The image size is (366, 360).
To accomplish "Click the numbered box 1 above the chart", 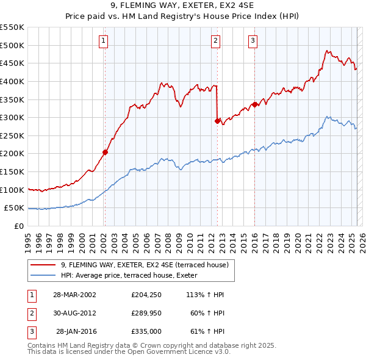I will pyautogui.click(x=104, y=41).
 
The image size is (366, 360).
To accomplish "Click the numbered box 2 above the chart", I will pyautogui.click(x=216, y=41).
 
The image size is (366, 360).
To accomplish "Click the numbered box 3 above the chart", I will pyautogui.click(x=253, y=41).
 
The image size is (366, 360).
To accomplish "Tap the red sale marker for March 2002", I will pyautogui.click(x=105, y=152).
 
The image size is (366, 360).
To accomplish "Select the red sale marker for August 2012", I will pyautogui.click(x=217, y=121).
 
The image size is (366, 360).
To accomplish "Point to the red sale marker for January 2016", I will pyautogui.click(x=254, y=104).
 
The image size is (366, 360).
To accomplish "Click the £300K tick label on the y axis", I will pyautogui.click(x=13, y=117).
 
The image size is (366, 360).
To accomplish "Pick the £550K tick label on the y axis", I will pyautogui.click(x=13, y=27).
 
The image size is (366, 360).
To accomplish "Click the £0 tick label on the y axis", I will pyautogui.click(x=18, y=226).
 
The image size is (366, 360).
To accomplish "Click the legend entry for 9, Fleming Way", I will pyautogui.click(x=145, y=265).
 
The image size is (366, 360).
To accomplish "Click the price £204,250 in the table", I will pyautogui.click(x=146, y=295).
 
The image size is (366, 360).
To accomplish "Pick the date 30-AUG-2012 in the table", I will pyautogui.click(x=74, y=313).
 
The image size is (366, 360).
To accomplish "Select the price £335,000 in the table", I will pyautogui.click(x=146, y=331).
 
